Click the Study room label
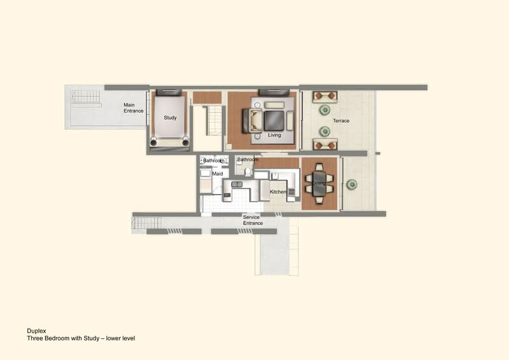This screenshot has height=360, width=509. [x=170, y=118]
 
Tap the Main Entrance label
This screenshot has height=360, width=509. [x=134, y=107]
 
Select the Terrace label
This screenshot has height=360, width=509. [x=341, y=121]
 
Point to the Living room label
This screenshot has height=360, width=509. [x=274, y=135]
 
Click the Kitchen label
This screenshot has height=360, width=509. [x=278, y=192]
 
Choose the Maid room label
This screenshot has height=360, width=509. [x=218, y=174]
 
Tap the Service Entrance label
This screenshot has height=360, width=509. [x=253, y=220]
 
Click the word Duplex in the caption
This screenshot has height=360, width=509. [x=36, y=331]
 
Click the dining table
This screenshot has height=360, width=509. [x=319, y=183]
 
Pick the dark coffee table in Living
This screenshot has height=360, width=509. [x=274, y=121]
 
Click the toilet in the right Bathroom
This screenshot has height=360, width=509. [x=248, y=172]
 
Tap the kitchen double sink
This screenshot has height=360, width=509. [x=237, y=184]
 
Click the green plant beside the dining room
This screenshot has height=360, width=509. [x=352, y=184]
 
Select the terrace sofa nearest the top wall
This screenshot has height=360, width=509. [x=325, y=97]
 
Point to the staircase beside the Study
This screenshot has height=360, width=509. [x=214, y=120]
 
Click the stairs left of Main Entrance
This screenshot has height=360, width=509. [x=86, y=97]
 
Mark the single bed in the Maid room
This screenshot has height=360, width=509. [x=206, y=181]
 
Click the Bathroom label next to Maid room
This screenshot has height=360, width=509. [x=214, y=161]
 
